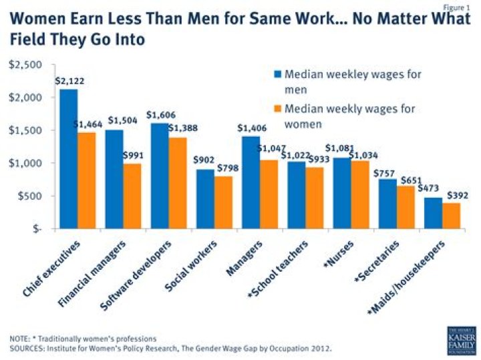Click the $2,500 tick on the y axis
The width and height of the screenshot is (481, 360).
tap(25, 65)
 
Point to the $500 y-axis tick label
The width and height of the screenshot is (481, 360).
tap(29, 196)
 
